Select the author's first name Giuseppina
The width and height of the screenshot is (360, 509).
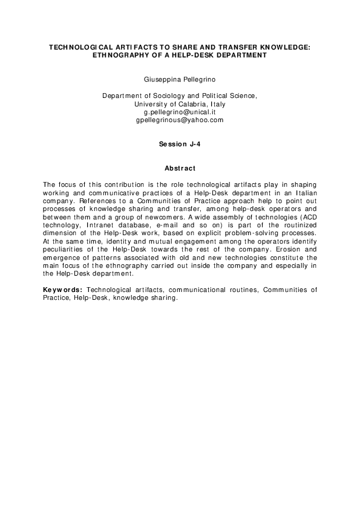coord(160,79)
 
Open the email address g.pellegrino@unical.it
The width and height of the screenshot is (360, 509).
coord(180,112)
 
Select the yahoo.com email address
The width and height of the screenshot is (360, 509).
coord(180,120)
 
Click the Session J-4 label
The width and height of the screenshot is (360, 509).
coord(180,144)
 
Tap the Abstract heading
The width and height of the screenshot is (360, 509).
coord(180,167)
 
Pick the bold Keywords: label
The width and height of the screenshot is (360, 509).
coord(62,290)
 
